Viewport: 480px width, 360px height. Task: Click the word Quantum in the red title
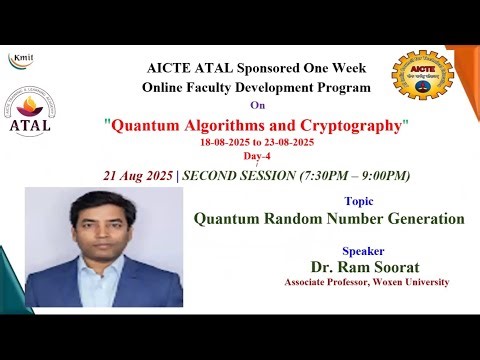[x=144, y=127]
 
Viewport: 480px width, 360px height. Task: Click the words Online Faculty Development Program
[x=256, y=88]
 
